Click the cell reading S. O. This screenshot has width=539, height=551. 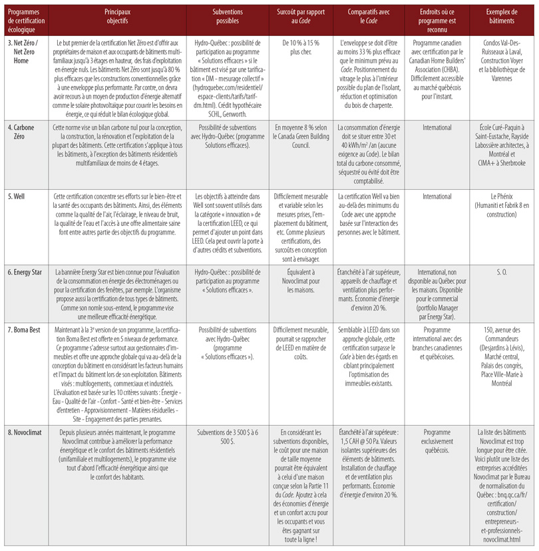pyautogui.click(x=502, y=273)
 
